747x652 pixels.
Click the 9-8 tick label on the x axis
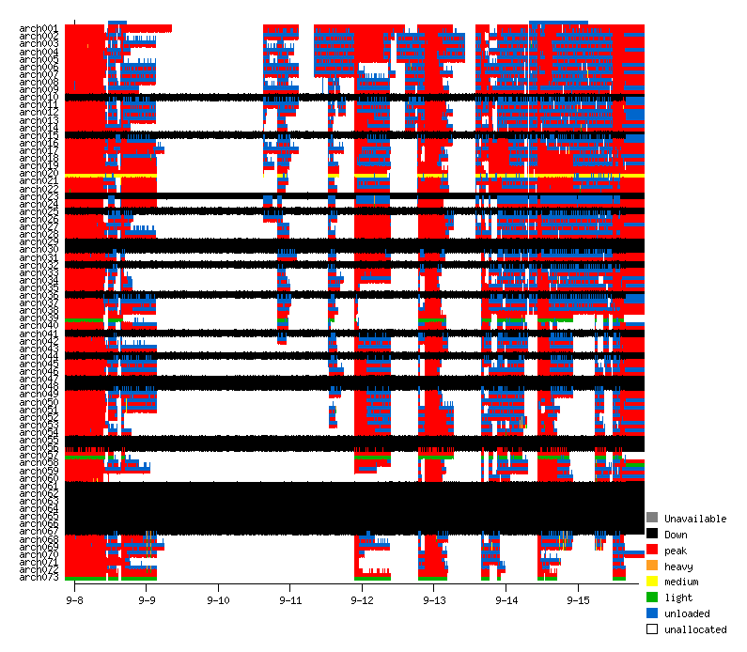pyautogui.click(x=75, y=599)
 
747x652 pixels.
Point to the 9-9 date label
pyautogui.click(x=147, y=599)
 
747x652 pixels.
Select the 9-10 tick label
pyautogui.click(x=219, y=599)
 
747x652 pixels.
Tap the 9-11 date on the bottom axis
pyautogui.click(x=290, y=599)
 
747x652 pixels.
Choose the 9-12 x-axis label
pyautogui.click(x=363, y=599)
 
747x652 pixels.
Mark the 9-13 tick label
pyautogui.click(x=435, y=599)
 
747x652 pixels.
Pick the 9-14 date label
pyautogui.click(x=506, y=599)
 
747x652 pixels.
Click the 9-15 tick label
pyautogui.click(x=579, y=599)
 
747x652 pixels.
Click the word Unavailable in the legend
pyautogui.click(x=695, y=519)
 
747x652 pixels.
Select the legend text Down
pyautogui.click(x=676, y=535)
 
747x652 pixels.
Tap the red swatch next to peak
pyautogui.click(x=652, y=550)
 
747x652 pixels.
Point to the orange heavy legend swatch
pyautogui.click(x=652, y=566)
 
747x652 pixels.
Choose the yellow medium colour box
pyautogui.click(x=652, y=582)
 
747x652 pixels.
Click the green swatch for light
pyautogui.click(x=652, y=598)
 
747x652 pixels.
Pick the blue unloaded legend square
pyautogui.click(x=652, y=613)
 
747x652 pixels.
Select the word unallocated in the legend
pyautogui.click(x=695, y=629)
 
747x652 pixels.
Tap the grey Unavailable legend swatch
pyautogui.click(x=652, y=518)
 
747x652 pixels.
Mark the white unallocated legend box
pyautogui.click(x=652, y=629)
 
